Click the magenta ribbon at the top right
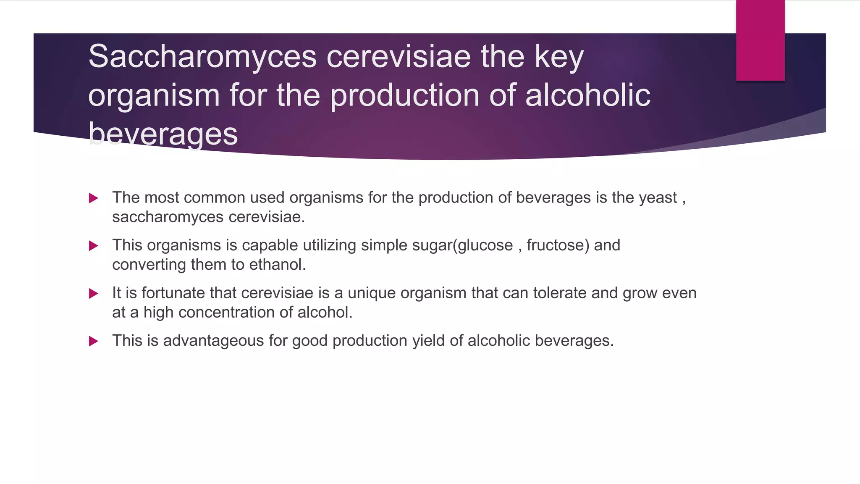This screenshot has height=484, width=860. click(x=760, y=40)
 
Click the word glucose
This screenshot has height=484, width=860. click(x=485, y=245)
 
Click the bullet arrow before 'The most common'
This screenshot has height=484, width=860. click(x=94, y=198)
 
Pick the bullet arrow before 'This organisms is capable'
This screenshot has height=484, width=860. click(x=94, y=246)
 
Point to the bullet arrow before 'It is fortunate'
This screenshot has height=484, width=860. click(x=94, y=294)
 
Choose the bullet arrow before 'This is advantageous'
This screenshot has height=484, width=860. click(x=94, y=341)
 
